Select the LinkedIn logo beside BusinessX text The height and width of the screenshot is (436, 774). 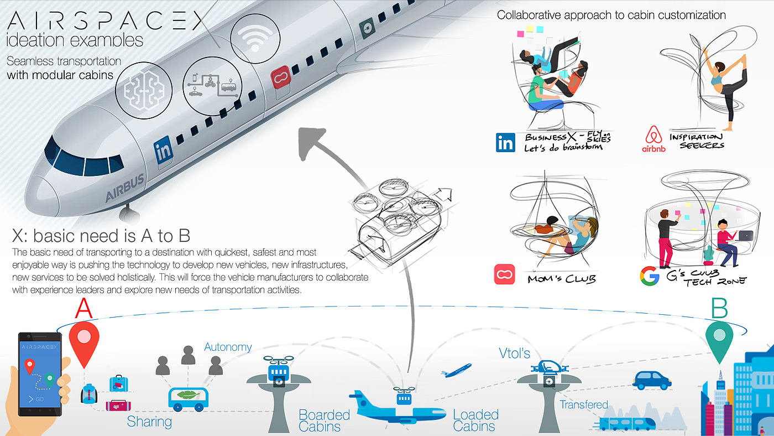505,142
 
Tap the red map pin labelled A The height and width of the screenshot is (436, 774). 84,344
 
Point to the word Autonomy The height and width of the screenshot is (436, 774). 228,347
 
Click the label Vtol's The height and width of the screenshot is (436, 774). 514,353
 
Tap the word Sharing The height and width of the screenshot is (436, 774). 149,422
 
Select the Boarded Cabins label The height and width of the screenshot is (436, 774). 324,420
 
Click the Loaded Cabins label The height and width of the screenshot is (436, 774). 475,420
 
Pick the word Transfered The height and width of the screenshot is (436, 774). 584,404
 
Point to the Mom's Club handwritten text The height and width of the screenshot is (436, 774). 562,279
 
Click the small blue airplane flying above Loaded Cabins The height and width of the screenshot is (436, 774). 456,370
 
